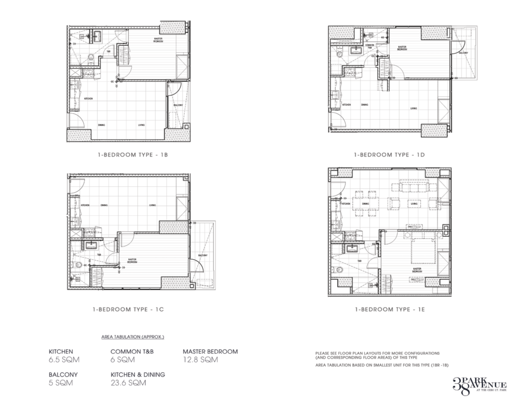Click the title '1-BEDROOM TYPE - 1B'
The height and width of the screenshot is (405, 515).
tap(132, 155)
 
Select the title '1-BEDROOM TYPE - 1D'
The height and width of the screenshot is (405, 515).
tap(389, 155)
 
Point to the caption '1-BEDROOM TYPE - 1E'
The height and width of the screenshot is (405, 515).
tap(389, 310)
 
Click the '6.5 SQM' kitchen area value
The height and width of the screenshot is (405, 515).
tap(64, 360)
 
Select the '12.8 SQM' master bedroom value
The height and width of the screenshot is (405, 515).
tap(200, 360)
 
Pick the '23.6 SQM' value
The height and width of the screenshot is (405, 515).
tap(129, 383)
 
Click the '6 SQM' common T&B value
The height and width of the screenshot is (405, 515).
tap(122, 360)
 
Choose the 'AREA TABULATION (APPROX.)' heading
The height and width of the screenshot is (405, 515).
tap(133, 336)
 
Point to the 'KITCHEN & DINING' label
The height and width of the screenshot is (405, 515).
tap(138, 375)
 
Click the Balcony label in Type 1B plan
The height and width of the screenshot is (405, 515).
tap(178, 105)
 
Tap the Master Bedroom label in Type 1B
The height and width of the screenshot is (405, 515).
tap(158, 40)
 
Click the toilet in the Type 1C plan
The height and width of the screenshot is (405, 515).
tap(74, 263)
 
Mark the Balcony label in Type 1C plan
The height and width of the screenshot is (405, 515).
tap(203, 256)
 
